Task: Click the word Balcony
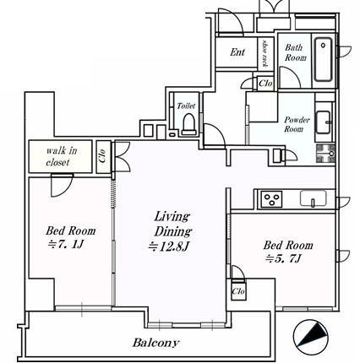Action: pos(155,343)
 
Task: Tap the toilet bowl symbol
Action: pos(188,124)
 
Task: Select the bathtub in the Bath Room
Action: pos(323,59)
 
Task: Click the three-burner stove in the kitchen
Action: pos(271,199)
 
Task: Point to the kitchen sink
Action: pos(314,198)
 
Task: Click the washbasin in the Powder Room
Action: pos(323,122)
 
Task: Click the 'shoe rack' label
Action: pos(265,53)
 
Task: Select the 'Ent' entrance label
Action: pos(237,52)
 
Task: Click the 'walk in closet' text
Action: pos(60,156)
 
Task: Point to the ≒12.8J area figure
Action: pos(168,247)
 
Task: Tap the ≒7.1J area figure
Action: pos(66,244)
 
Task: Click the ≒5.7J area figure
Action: pos(283,258)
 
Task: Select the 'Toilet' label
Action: pos(186,106)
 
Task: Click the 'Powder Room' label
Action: pos(297,124)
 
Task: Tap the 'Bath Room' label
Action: pos(295,52)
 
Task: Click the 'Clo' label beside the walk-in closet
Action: pos(102,155)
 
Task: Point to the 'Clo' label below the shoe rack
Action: pos(265,84)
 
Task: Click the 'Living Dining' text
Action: pos(172,225)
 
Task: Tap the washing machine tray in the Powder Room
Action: pos(325,154)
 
